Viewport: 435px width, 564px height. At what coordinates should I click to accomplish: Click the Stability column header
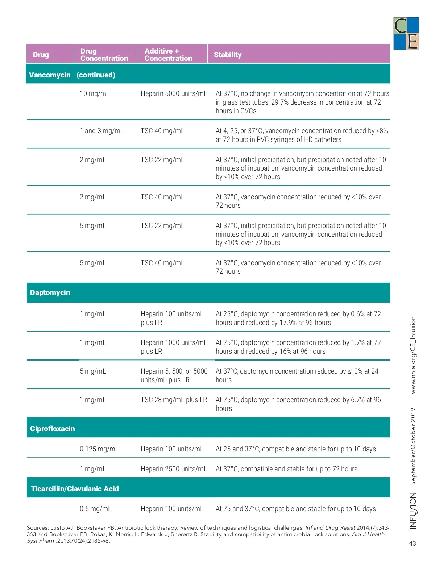click(228, 55)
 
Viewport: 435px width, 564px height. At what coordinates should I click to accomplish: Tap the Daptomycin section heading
click(50, 292)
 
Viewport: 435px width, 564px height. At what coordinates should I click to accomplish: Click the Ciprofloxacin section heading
click(53, 429)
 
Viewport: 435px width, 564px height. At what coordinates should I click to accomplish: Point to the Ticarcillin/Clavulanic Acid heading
click(75, 489)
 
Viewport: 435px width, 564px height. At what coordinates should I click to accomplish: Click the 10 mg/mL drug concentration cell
click(95, 94)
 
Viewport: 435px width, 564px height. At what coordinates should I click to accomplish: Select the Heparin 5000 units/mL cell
click(174, 94)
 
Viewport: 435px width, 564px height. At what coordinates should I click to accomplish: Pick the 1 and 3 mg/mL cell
click(101, 131)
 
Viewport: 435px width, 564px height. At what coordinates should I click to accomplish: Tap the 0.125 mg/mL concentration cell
click(99, 449)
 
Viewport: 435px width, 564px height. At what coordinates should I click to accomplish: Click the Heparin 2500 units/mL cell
click(174, 469)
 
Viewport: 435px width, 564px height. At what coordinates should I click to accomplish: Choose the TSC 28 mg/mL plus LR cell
click(174, 400)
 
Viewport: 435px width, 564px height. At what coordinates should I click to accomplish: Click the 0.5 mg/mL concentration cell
click(95, 509)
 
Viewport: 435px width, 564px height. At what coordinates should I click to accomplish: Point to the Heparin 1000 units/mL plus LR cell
click(174, 347)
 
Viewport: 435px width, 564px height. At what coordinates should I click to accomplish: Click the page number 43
click(413, 543)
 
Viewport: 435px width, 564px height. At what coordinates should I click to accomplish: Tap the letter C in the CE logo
click(401, 26)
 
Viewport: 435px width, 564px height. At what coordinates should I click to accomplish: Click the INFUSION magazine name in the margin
click(413, 510)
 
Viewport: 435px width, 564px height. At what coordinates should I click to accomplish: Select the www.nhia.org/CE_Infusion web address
click(413, 355)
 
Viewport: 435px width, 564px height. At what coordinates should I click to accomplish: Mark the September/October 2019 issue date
click(413, 446)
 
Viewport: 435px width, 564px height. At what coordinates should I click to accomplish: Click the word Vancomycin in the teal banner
click(50, 75)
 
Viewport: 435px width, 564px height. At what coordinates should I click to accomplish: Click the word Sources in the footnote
click(37, 528)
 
